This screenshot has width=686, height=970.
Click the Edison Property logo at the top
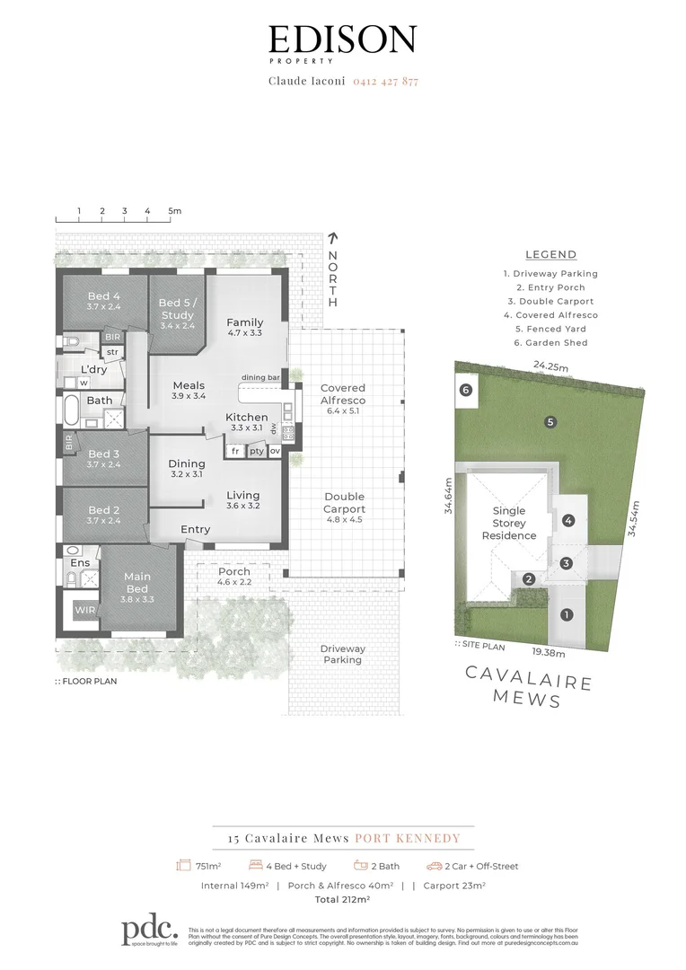(342, 42)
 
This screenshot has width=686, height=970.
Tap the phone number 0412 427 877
(385, 81)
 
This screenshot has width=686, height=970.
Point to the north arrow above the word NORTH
(332, 239)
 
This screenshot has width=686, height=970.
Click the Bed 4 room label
(103, 302)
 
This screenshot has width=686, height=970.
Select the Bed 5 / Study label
(177, 308)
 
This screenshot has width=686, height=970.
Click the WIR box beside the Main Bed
(84, 611)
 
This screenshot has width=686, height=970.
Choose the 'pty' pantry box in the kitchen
(256, 451)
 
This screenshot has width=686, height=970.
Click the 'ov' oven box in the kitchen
(275, 451)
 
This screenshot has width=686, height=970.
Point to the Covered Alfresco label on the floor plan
(343, 394)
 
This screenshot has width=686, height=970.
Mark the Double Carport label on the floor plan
(344, 502)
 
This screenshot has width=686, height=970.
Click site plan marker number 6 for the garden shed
(465, 390)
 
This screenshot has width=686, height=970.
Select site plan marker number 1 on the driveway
(566, 615)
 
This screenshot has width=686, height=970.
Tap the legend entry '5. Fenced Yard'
(551, 329)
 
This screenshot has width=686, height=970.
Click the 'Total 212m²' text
(342, 898)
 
